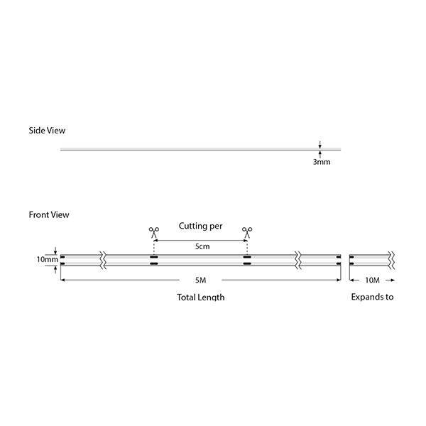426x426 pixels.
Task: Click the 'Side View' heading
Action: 47,131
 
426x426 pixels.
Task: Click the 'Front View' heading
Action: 49,214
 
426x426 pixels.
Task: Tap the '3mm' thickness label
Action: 321,162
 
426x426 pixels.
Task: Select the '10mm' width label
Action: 48,259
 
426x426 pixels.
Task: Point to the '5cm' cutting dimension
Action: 202,246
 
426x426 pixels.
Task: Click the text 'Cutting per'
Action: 200,226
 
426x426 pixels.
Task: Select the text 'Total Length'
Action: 200,297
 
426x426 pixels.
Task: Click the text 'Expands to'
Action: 372,297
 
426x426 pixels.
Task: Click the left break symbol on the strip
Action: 105,259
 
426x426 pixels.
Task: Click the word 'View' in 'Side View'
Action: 56,131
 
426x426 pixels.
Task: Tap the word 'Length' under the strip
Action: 210,297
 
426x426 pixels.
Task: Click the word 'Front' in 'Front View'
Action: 40,214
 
